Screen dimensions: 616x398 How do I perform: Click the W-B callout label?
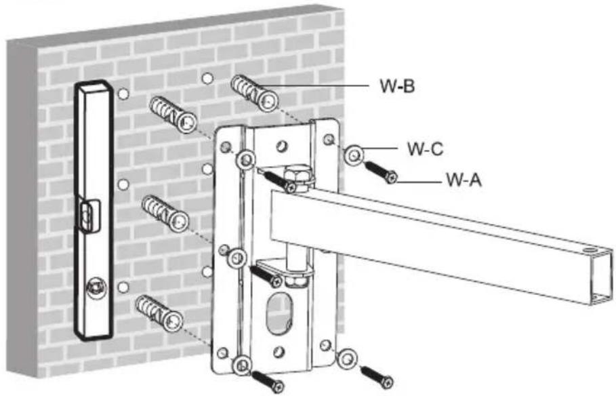397,86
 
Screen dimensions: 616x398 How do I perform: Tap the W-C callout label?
425,149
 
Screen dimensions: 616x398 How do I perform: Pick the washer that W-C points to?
354,155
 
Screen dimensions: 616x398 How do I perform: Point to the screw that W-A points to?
381,172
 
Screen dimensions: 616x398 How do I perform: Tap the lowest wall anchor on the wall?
159,313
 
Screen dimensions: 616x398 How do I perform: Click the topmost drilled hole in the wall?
207,78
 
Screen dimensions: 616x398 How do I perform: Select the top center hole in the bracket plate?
282,146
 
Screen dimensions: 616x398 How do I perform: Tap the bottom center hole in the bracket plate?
279,352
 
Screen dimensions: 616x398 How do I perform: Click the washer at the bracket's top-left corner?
246,159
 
